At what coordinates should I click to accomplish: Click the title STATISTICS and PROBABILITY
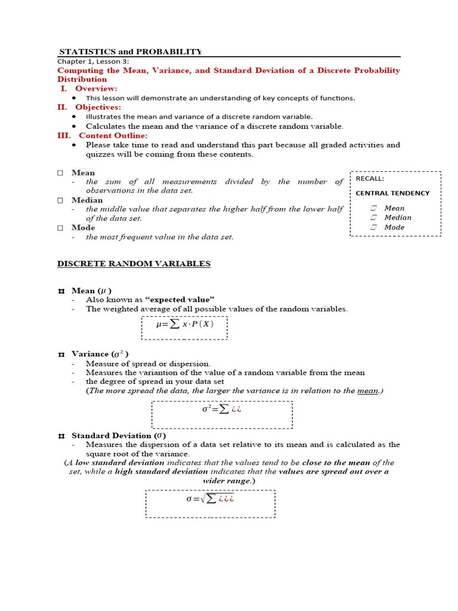131,51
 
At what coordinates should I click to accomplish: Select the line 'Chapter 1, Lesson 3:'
93,61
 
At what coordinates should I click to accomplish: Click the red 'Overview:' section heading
96,88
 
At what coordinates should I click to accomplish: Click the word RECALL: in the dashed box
370,178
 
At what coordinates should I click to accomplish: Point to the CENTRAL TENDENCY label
392,193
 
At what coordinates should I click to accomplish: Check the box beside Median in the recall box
373,218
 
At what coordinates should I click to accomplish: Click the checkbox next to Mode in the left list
60,227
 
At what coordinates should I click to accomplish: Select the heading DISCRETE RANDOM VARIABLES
134,264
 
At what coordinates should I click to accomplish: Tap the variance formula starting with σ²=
222,409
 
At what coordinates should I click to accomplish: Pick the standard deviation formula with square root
210,498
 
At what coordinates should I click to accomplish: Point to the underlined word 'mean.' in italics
369,391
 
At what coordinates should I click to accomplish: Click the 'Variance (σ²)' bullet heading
100,354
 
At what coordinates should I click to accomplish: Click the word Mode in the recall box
394,227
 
